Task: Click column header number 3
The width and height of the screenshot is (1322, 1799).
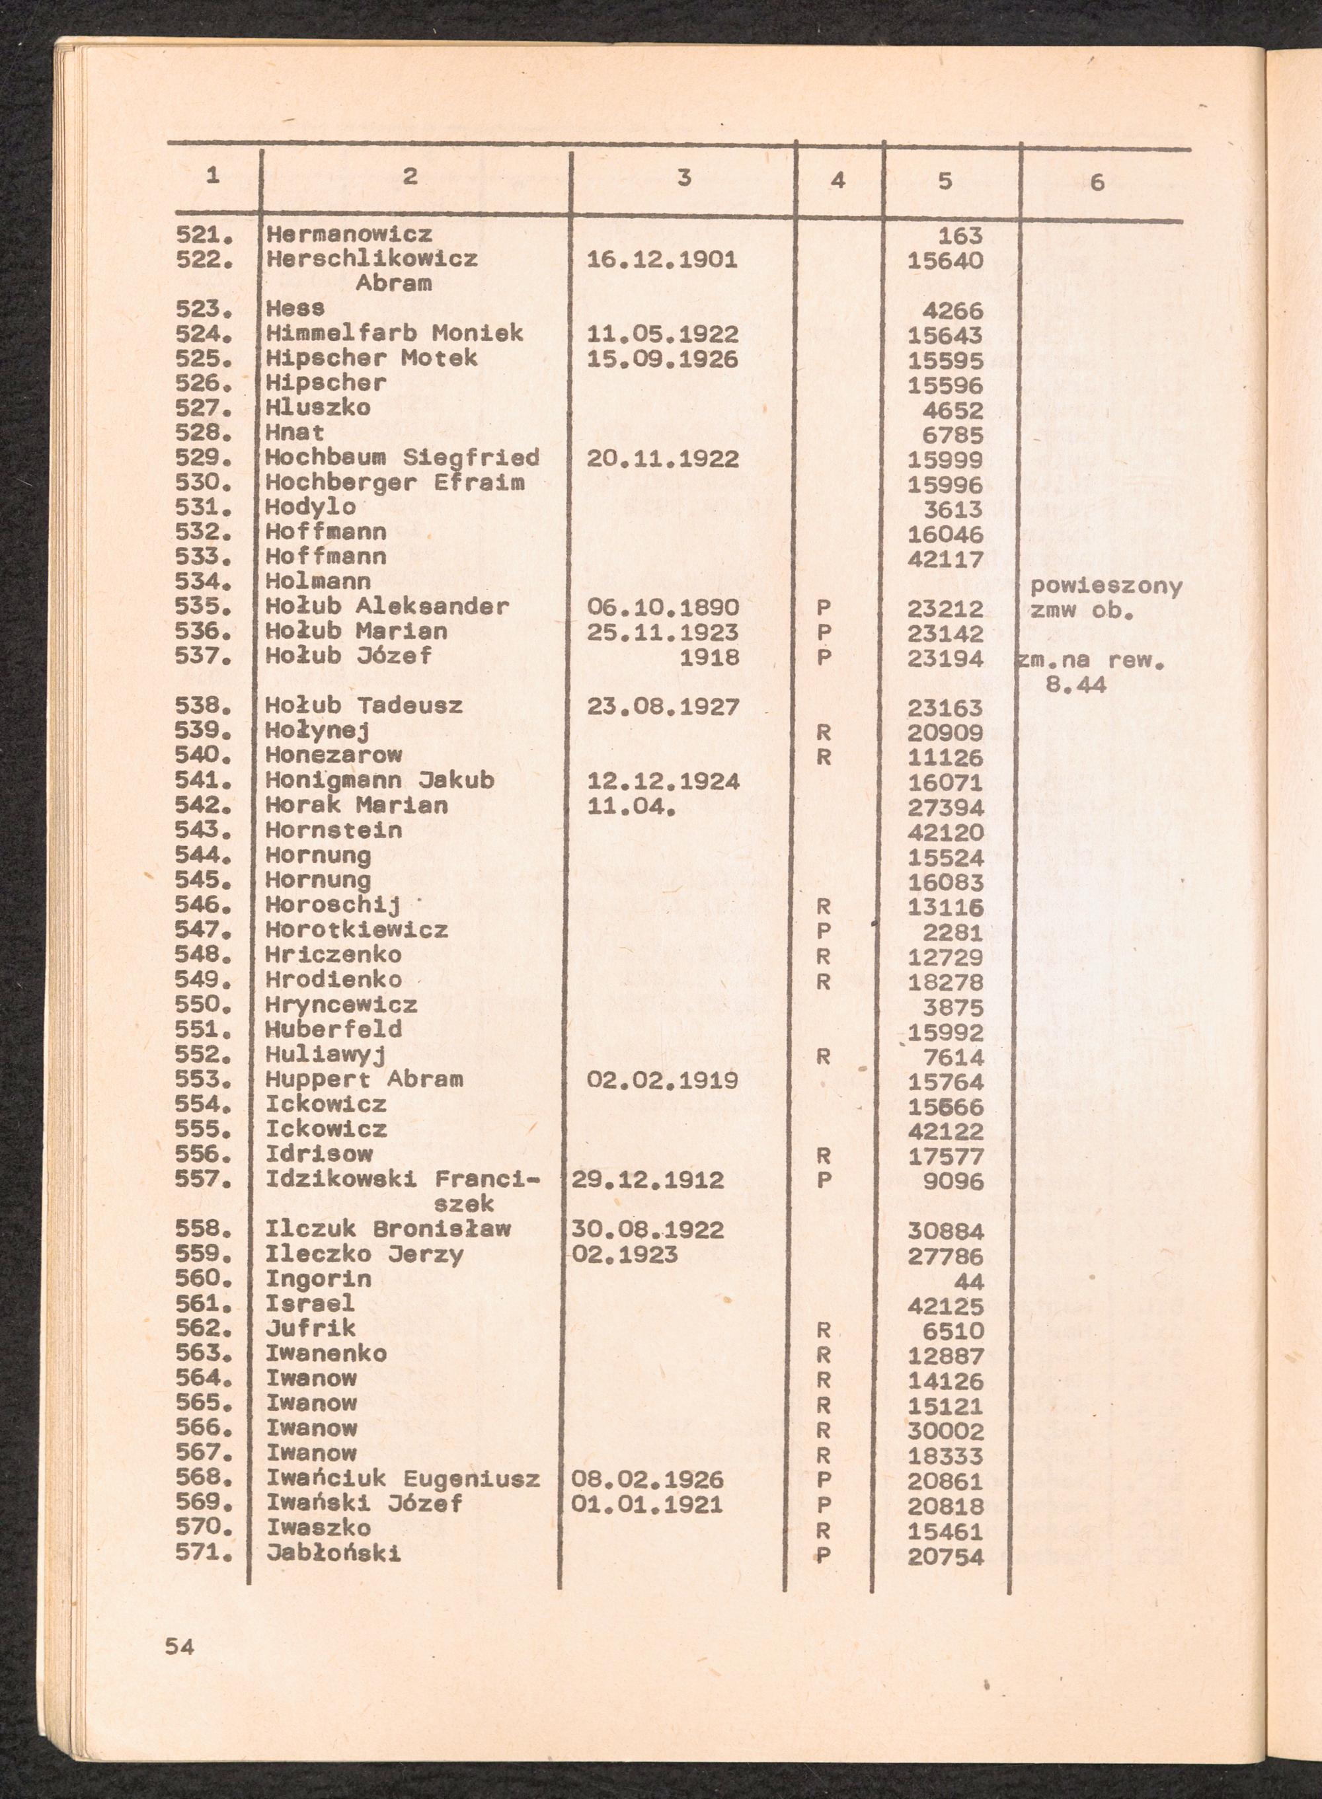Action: click(x=683, y=178)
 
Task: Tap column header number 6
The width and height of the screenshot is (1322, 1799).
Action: click(x=1097, y=183)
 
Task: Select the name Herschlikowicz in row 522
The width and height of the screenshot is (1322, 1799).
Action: click(x=372, y=259)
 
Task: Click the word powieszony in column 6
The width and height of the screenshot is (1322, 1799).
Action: click(x=1106, y=586)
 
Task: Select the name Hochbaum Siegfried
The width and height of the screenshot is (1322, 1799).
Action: click(x=403, y=459)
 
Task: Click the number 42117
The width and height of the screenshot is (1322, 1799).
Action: click(x=945, y=558)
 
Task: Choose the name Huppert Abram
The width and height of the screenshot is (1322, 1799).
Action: click(x=364, y=1079)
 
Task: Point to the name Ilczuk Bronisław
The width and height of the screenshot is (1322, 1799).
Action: click(x=388, y=1229)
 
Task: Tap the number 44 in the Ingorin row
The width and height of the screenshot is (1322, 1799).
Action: click(x=968, y=1282)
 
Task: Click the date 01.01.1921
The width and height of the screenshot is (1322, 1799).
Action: click(x=646, y=1505)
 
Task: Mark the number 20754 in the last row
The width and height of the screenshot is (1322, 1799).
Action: click(x=945, y=1556)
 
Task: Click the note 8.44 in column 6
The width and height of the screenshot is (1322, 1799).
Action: click(x=1075, y=685)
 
